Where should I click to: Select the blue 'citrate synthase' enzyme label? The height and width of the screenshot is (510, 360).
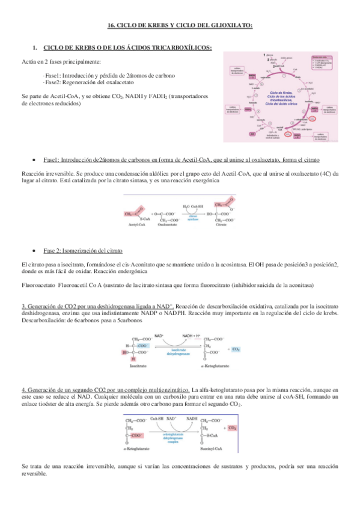(192, 218)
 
